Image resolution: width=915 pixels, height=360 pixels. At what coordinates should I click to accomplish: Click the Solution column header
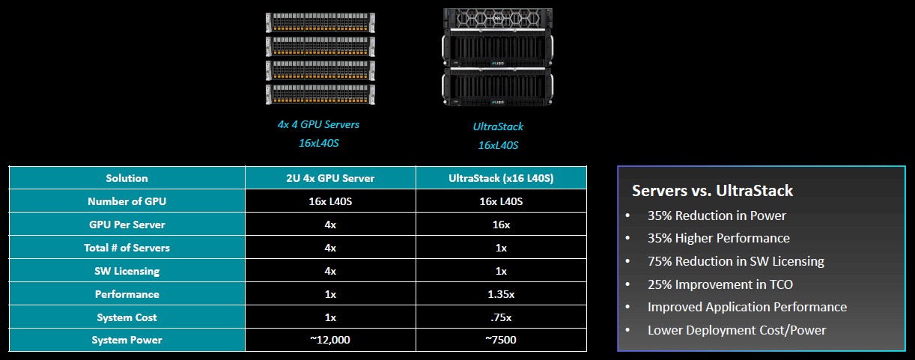click(127, 178)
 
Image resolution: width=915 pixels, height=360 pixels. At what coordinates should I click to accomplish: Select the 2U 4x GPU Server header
click(330, 178)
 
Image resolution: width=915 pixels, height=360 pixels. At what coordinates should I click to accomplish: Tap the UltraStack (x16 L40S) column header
click(501, 178)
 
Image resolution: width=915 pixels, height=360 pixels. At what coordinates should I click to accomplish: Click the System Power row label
click(127, 340)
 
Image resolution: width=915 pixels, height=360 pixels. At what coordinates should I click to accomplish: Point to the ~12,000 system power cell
click(330, 340)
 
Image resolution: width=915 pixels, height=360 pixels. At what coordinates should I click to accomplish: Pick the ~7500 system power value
click(501, 340)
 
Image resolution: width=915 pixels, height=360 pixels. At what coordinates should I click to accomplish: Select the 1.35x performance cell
click(501, 294)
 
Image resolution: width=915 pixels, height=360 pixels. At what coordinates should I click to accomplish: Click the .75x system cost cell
click(501, 317)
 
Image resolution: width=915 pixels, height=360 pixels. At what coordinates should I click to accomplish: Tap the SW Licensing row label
click(127, 271)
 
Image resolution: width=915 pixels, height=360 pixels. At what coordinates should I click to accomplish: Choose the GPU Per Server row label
click(127, 225)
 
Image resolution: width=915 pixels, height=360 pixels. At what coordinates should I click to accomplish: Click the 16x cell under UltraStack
click(501, 225)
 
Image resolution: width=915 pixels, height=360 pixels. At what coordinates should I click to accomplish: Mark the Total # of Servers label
click(127, 248)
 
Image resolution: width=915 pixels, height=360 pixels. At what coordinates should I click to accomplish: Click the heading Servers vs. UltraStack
click(712, 191)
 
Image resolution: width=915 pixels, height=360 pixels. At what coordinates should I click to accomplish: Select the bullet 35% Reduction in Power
click(717, 216)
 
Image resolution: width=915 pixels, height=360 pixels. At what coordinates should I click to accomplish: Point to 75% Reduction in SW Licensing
click(736, 261)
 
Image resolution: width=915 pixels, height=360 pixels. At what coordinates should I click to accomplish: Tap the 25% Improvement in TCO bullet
click(720, 284)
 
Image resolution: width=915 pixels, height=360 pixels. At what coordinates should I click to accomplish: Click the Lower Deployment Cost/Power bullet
click(737, 330)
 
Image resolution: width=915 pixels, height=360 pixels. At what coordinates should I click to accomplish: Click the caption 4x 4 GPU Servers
click(319, 124)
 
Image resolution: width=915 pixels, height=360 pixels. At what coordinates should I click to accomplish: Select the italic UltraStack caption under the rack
click(498, 126)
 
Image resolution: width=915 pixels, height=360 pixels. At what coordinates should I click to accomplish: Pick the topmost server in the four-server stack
click(320, 22)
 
